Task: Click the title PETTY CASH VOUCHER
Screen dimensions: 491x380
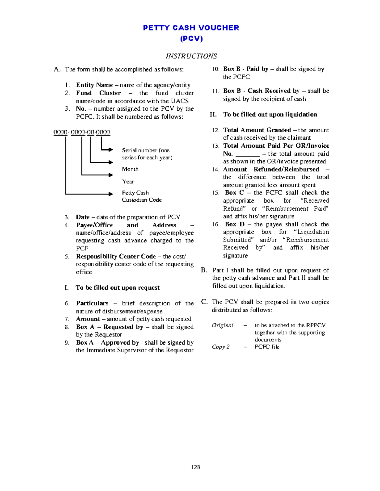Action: (191, 28)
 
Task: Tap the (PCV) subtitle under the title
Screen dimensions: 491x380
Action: (191, 39)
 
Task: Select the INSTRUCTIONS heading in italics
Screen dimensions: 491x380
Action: (191, 56)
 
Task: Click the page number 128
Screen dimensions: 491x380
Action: (195, 467)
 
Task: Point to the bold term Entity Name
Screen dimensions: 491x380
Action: (94, 85)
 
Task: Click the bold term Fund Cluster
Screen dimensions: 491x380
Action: (98, 93)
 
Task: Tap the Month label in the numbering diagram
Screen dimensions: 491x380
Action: (130, 169)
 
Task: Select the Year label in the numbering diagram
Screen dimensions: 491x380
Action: (128, 181)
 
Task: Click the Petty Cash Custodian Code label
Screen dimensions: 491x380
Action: (142, 196)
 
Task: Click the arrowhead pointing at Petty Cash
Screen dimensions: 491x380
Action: (111, 194)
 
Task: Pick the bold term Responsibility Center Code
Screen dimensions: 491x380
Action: (116, 256)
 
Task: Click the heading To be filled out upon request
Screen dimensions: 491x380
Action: (117, 288)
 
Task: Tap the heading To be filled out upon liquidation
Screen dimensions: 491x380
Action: (270, 114)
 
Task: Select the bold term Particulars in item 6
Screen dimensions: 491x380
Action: (92, 303)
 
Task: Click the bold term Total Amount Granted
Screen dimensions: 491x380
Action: (257, 130)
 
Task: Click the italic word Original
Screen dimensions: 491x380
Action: (223, 325)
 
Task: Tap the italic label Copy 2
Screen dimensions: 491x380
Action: (221, 347)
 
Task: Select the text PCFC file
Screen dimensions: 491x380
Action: (267, 347)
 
